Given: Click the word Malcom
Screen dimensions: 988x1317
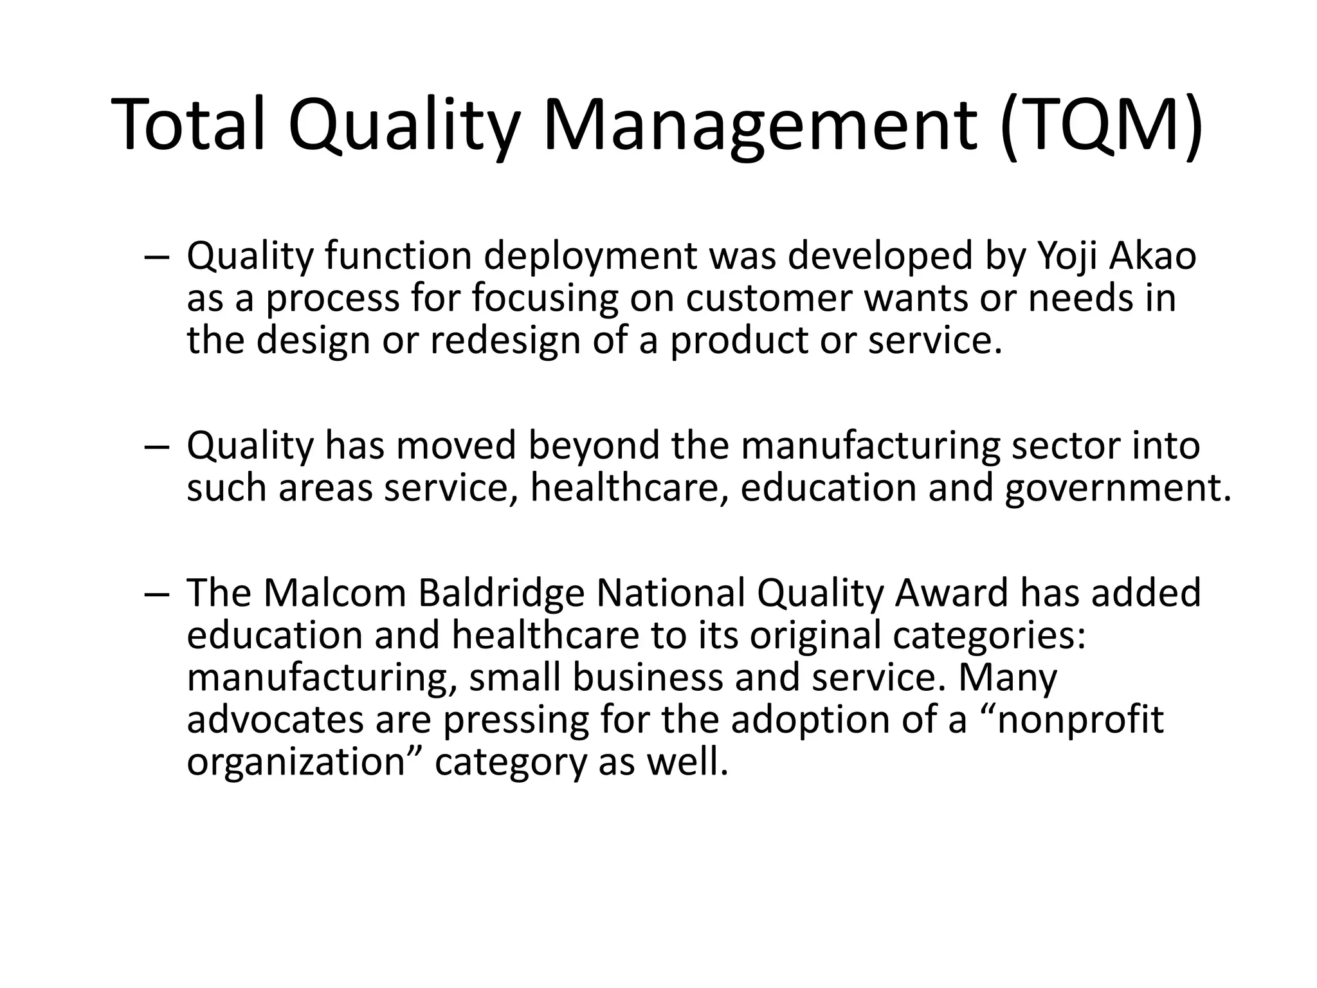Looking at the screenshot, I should [334, 592].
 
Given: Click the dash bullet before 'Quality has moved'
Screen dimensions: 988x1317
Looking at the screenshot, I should [157, 446].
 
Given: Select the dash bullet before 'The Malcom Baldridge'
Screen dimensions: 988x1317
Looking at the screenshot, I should [157, 592].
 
